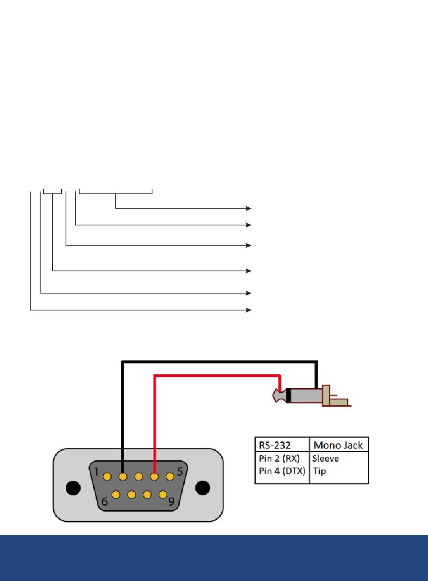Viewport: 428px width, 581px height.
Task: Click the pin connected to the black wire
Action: (123, 477)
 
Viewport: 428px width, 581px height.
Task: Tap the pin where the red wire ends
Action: (154, 477)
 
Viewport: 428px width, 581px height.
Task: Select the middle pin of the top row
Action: (138, 477)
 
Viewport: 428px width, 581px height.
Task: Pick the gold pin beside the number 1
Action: (107, 477)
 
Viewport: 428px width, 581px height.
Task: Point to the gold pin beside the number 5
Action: (170, 477)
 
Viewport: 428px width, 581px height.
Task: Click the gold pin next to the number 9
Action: (163, 495)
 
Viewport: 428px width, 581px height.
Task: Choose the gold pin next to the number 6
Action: (116, 495)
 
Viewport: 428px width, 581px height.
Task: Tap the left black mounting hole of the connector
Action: (73, 488)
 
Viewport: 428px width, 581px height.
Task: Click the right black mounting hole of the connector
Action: (202, 488)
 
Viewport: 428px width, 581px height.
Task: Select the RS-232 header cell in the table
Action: (275, 445)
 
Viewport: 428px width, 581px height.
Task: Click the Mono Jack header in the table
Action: (338, 445)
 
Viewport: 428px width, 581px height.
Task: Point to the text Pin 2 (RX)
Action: (279, 458)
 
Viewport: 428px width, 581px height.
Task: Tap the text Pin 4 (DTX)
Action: (282, 471)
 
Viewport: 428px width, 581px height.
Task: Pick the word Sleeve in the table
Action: (326, 458)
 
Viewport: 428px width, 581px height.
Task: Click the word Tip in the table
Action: (319, 471)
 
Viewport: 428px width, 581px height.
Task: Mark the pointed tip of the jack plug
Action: (273, 395)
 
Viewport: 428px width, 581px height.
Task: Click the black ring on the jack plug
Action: (288, 395)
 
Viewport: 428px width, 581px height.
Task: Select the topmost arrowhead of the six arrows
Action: (248, 208)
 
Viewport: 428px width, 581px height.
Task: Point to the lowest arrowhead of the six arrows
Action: (248, 310)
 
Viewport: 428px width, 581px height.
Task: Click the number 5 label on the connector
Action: (180, 472)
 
